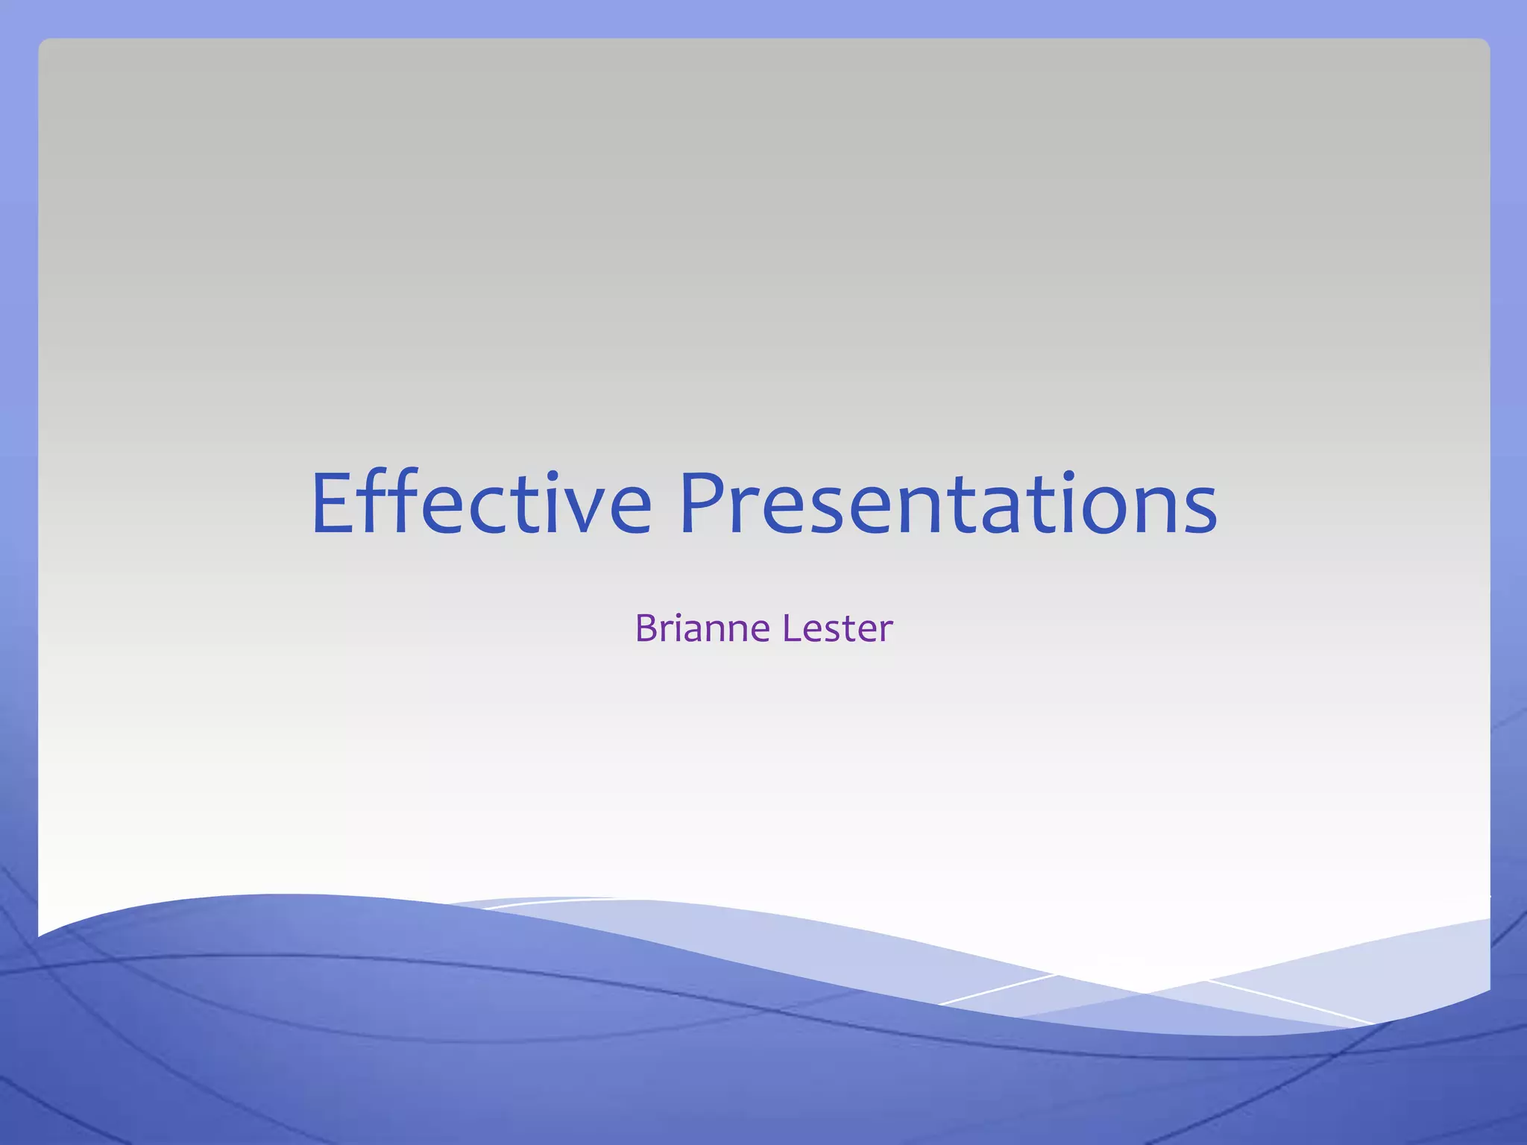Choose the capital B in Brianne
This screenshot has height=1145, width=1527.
click(x=646, y=628)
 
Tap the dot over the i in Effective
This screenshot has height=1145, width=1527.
click(x=552, y=475)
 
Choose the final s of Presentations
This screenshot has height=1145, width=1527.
click(x=1200, y=511)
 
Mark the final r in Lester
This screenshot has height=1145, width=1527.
click(x=885, y=631)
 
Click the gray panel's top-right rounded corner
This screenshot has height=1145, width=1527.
click(x=1485, y=43)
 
